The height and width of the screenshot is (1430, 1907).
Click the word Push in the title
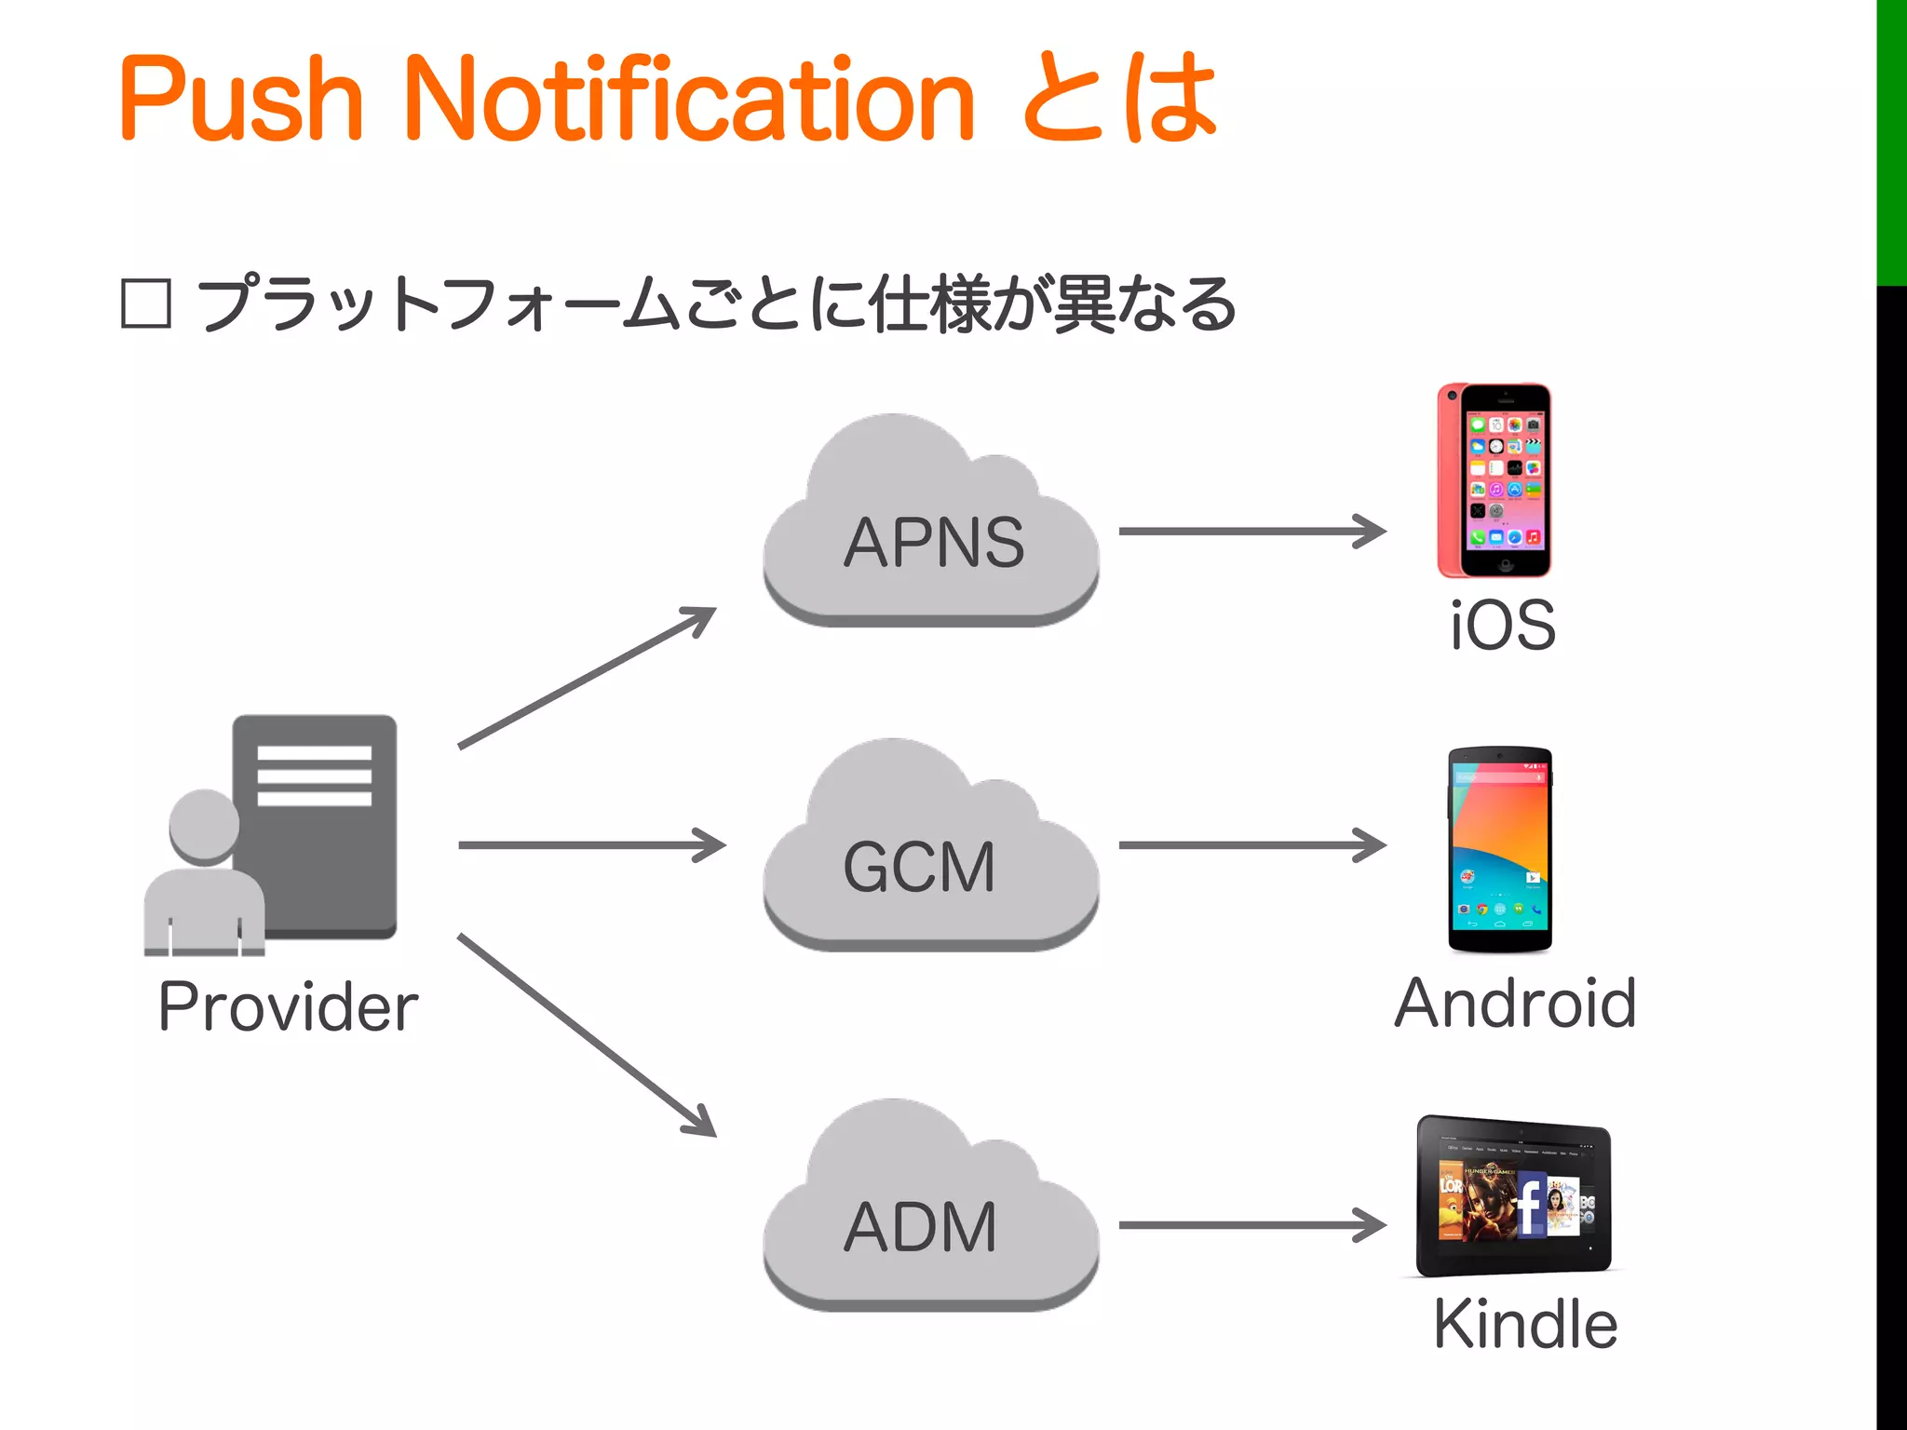240,99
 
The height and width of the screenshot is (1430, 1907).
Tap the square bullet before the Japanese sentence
146,304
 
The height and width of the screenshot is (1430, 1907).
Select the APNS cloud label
933,543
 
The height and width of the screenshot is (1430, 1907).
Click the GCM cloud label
919,867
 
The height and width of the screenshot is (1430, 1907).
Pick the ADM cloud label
920,1227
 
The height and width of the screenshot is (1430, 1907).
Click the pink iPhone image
1494,479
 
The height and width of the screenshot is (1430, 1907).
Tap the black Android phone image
1500,849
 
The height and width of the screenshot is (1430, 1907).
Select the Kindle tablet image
1514,1195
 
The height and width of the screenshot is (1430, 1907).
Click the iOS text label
1503,626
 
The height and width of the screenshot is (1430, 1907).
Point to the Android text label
1515,1004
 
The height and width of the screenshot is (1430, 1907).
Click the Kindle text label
1525,1324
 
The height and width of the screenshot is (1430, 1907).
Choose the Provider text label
289,1007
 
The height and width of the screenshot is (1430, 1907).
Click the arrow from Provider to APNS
587,678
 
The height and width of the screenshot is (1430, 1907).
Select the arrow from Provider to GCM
591,845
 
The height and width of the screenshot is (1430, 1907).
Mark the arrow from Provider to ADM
587,1035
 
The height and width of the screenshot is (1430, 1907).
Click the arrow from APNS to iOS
1251,532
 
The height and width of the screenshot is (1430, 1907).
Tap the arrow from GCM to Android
1251,845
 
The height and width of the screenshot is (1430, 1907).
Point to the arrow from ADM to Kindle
1251,1225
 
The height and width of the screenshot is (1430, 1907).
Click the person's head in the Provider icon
204,826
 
